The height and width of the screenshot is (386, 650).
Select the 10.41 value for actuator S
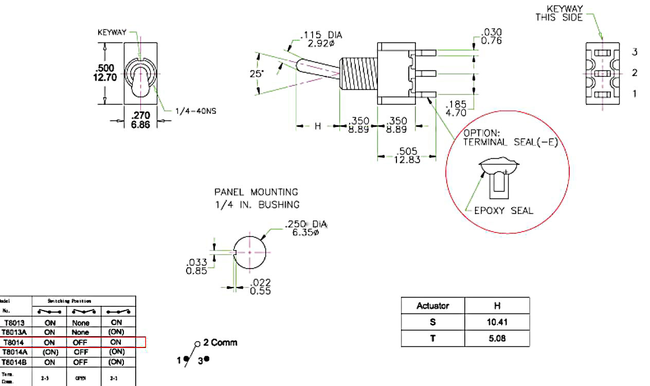tap(497, 322)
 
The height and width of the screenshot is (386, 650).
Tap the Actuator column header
tap(432, 306)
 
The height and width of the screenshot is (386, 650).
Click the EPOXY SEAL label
tap(503, 210)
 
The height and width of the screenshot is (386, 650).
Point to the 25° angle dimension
tap(256, 74)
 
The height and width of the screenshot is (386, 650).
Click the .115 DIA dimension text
tap(322, 35)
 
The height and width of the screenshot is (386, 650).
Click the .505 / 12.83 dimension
tap(407, 155)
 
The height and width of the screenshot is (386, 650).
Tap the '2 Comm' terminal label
tap(220, 342)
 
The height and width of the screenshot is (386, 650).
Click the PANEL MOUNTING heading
tap(256, 192)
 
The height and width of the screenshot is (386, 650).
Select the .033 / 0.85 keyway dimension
tap(197, 266)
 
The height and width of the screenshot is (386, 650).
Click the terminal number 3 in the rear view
tap(635, 52)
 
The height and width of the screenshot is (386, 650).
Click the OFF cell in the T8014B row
tap(81, 362)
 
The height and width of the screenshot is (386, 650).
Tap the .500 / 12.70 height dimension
tap(105, 73)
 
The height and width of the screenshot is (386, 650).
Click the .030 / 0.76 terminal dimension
tap(491, 37)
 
